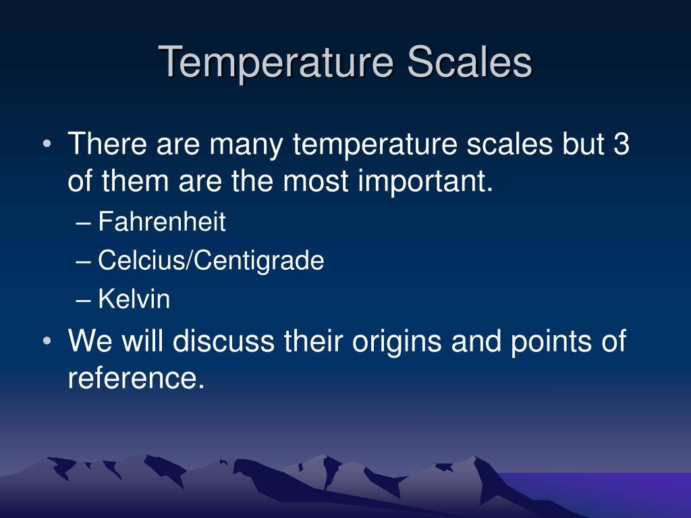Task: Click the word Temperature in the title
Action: click(x=276, y=63)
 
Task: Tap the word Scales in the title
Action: click(x=470, y=61)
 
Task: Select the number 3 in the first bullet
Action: click(x=621, y=144)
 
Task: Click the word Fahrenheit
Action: click(x=162, y=221)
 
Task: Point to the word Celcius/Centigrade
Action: click(x=211, y=260)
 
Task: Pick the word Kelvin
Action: click(x=134, y=299)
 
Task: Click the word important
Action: click(x=425, y=181)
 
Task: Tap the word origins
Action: click(x=397, y=341)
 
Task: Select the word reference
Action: click(x=136, y=378)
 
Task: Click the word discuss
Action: click(x=223, y=341)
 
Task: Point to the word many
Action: click(x=246, y=146)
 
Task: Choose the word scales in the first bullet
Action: click(x=509, y=144)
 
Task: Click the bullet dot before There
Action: click(x=47, y=144)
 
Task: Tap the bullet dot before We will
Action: click(x=47, y=341)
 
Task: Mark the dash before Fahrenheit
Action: click(x=84, y=223)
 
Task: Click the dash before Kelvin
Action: click(x=84, y=301)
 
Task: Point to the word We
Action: click(x=90, y=341)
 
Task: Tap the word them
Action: click(x=135, y=181)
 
